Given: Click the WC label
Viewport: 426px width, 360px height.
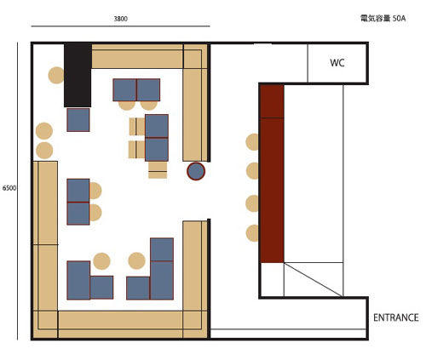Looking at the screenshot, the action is tap(337, 63).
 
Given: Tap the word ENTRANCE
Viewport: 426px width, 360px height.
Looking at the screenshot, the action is tap(396, 317).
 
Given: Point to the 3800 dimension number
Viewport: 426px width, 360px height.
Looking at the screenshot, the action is tap(121, 19).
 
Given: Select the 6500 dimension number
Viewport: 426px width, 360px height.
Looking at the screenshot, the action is tap(9, 188).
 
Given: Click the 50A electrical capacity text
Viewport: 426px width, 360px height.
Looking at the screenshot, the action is tap(400, 19).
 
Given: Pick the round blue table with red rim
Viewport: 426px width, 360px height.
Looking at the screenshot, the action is tap(196, 171).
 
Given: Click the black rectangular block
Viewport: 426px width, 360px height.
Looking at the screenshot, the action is tap(78, 75).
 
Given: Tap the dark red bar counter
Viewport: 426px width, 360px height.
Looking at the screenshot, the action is tap(272, 174).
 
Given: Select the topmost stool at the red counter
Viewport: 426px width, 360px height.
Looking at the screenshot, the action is tap(252, 142).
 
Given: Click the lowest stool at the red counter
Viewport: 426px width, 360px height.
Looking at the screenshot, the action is tap(252, 233).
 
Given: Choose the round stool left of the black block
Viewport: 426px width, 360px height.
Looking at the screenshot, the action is tap(56, 75).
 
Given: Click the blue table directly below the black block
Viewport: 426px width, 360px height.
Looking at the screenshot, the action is tap(78, 120).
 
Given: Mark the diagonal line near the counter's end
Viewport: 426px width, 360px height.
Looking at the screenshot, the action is tap(314, 280).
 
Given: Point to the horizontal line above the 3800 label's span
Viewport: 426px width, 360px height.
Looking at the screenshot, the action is tap(120, 26).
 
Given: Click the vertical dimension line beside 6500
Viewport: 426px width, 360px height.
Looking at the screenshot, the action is tap(17, 191).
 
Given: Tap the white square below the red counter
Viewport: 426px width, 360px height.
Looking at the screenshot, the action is tap(272, 280).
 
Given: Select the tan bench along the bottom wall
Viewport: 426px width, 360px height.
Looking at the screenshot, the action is tap(120, 324).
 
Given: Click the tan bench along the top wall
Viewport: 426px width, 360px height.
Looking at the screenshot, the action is tap(137, 56).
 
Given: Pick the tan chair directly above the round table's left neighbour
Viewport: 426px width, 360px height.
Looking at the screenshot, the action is tap(158, 170).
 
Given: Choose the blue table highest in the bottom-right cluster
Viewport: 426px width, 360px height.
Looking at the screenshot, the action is tap(162, 249).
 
